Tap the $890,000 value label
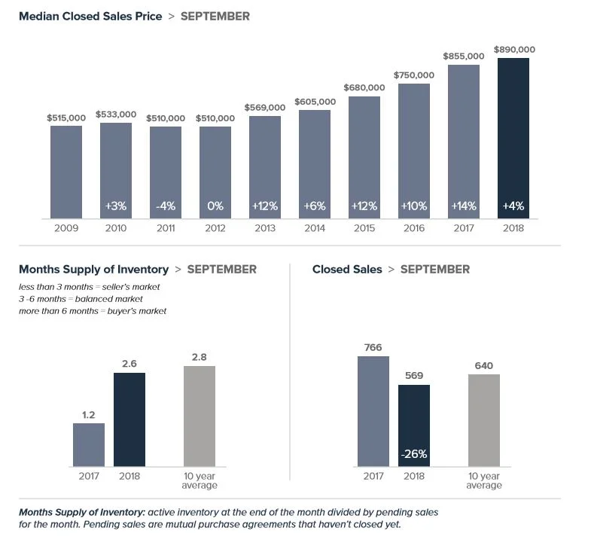(514, 50)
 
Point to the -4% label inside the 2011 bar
(166, 206)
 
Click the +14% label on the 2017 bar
(464, 206)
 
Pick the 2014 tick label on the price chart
(315, 227)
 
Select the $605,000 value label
(315, 102)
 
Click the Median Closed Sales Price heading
(90, 16)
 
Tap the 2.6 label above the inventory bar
(129, 364)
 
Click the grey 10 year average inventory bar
(200, 416)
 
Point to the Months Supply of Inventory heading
(93, 269)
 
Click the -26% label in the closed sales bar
(413, 454)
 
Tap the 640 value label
(483, 366)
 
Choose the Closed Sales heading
(347, 269)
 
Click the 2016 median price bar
(414, 151)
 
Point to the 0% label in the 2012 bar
(215, 206)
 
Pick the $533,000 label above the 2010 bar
(116, 114)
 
